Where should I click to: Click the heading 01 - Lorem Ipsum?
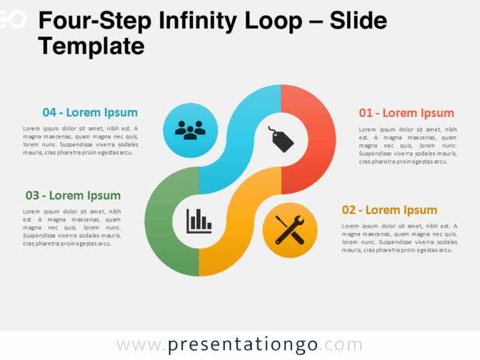(406, 113)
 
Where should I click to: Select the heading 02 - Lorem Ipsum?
(389, 210)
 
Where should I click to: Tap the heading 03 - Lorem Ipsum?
(73, 196)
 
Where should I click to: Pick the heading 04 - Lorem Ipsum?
(90, 113)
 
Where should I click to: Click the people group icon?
(190, 130)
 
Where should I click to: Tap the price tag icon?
(281, 139)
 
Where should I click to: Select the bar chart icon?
(199, 220)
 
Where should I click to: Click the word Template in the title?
(91, 46)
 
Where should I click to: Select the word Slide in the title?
(359, 22)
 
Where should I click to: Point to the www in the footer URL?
(137, 345)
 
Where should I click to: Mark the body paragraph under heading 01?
(407, 146)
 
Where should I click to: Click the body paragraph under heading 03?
(72, 227)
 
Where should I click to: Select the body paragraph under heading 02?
(399, 238)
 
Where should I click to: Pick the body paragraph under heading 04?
(81, 141)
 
